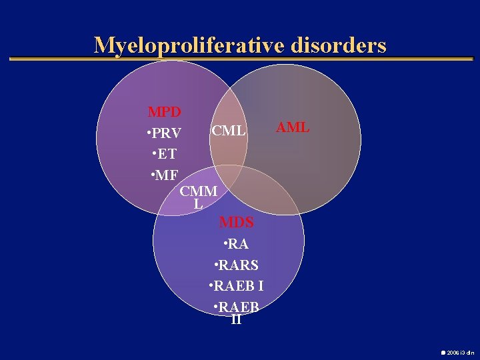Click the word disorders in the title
coord(339,45)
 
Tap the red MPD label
coord(165,111)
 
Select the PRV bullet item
coord(165,133)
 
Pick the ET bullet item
coord(165,154)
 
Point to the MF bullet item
coord(165,176)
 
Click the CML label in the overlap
coord(229,130)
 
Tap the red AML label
coord(293,127)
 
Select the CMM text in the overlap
coord(199,191)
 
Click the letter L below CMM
coord(198,204)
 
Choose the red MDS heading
coord(237,221)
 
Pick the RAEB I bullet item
coord(237,287)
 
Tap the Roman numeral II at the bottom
coord(236,319)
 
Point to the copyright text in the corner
coord(457,351)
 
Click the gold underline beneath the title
coord(240,59)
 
